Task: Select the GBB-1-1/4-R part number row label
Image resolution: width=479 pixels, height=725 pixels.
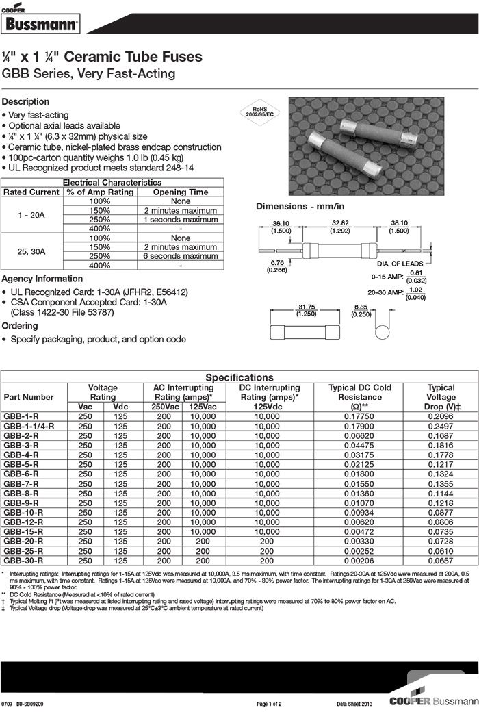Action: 29,426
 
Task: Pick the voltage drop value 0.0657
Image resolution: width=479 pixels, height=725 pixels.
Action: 441,560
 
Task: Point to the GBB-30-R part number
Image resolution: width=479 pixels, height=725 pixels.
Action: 23,560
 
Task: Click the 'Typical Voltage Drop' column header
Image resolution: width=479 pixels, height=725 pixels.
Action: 441,397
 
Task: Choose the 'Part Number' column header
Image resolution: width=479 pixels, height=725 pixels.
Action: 29,397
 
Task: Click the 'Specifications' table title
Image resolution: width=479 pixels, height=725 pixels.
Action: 239,377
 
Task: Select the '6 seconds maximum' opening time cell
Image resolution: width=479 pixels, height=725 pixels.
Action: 181,256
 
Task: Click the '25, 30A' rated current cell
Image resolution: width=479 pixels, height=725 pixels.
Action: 32,252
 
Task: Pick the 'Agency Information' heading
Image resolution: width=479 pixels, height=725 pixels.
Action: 42,279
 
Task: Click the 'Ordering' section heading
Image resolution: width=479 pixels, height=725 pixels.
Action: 20,326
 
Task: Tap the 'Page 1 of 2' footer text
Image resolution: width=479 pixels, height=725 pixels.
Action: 269,704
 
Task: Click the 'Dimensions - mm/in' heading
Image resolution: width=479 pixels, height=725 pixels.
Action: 300,206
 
